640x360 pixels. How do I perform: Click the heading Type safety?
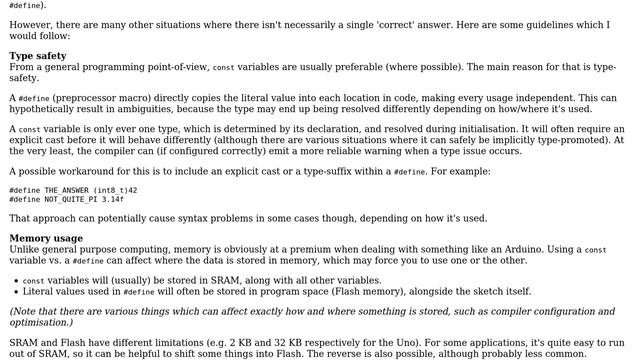point(38,56)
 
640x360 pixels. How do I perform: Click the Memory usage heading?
point(46,238)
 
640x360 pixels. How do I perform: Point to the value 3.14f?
point(111,199)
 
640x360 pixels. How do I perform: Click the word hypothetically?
point(44,109)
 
